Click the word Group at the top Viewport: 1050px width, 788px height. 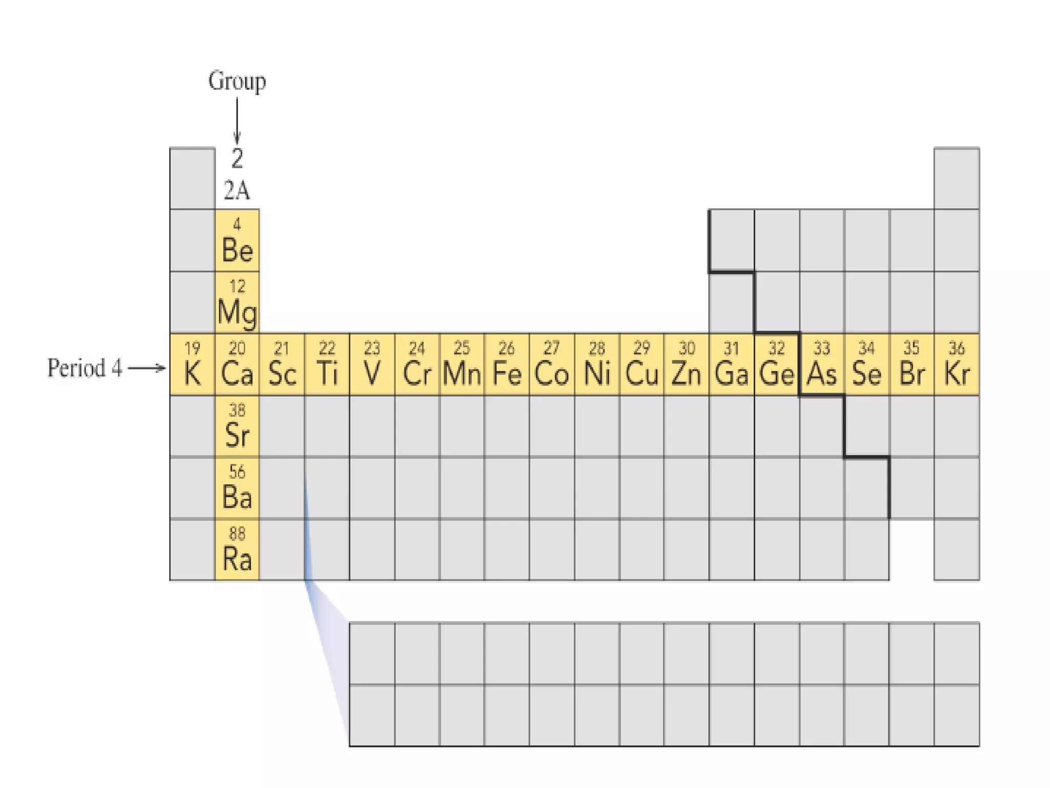coord(236,82)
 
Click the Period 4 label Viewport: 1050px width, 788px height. coord(85,368)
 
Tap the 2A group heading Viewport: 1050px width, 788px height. coord(236,191)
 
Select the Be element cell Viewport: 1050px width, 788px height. coord(237,241)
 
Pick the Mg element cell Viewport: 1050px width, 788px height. coord(237,303)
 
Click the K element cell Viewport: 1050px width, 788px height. coord(192,364)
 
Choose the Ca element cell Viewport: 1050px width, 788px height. coord(237,364)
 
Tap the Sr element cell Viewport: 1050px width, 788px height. coord(237,426)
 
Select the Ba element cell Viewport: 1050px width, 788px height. coord(237,488)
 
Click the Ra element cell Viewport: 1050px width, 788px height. coord(237,550)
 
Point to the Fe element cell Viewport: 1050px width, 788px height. coord(507,364)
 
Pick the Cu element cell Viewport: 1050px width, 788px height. coord(641,364)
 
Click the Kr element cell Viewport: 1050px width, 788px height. coord(957,364)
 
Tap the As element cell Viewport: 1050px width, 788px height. coord(822,364)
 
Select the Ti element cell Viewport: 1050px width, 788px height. coord(327,364)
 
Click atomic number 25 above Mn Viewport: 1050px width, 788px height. coord(461,348)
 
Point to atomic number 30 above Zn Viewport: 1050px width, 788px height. coord(686,348)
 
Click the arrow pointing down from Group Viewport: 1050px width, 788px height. coord(236,121)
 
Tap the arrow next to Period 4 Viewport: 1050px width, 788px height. coord(147,368)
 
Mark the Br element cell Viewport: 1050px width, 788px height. coord(912,364)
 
